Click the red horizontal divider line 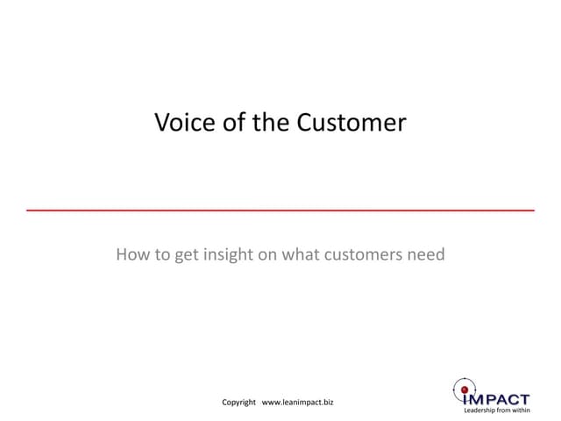tap(280, 211)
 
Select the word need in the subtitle tap(425, 255)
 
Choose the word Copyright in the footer tap(238, 403)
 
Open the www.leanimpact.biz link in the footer tap(298, 403)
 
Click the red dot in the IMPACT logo tap(464, 389)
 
